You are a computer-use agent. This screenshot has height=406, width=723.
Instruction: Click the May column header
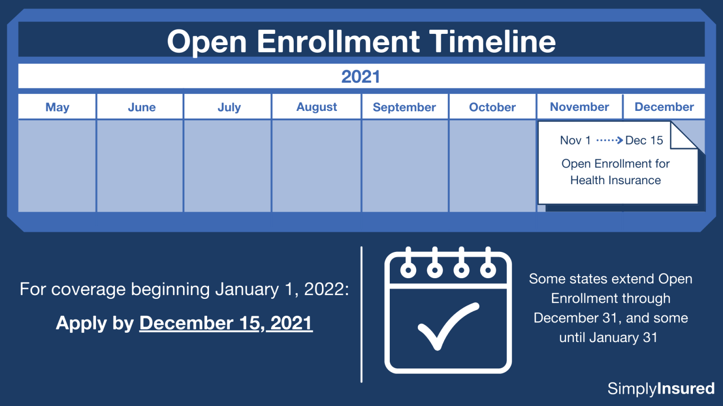pyautogui.click(x=57, y=107)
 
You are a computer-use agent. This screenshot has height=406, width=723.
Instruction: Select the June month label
pyautogui.click(x=142, y=107)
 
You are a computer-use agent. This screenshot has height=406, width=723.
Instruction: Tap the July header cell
pyautogui.click(x=229, y=107)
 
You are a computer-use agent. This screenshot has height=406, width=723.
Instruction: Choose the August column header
pyautogui.click(x=317, y=107)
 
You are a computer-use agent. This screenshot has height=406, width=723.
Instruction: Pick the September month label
pyautogui.click(x=404, y=107)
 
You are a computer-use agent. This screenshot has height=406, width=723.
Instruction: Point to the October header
pyautogui.click(x=492, y=107)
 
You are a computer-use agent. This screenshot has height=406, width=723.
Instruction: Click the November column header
pyautogui.click(x=579, y=107)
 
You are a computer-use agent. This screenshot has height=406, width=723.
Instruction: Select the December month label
pyautogui.click(x=664, y=107)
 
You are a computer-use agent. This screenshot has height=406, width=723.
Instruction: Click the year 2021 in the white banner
pyautogui.click(x=361, y=77)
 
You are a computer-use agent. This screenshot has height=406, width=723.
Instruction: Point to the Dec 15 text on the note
pyautogui.click(x=644, y=140)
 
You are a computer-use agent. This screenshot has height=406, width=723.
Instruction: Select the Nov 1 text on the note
pyautogui.click(x=575, y=140)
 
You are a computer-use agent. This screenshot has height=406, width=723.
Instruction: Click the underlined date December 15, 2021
pyautogui.click(x=226, y=323)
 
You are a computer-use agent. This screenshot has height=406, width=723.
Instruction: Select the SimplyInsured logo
pyautogui.click(x=661, y=389)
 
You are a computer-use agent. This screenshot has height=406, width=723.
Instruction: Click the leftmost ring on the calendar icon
pyautogui.click(x=408, y=269)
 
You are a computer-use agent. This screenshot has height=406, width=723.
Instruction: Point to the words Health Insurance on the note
pyautogui.click(x=616, y=180)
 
